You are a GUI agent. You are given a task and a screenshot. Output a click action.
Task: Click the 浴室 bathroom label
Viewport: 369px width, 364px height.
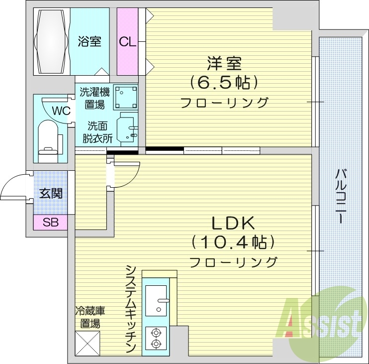click(90, 41)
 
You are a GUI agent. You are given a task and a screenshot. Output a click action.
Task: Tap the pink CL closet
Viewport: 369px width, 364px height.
click(127, 41)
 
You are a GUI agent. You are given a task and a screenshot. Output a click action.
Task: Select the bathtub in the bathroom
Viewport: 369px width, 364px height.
click(51, 40)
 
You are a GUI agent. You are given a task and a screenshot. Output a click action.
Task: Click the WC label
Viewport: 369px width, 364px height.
click(63, 110)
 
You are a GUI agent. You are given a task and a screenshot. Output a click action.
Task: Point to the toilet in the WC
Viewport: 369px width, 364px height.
click(49, 135)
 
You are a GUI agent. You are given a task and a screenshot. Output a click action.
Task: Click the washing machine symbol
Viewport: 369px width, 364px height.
click(126, 96)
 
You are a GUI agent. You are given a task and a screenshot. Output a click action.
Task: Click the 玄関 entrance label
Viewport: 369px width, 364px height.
click(51, 193)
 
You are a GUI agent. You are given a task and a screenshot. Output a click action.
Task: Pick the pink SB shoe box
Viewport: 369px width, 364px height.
click(50, 223)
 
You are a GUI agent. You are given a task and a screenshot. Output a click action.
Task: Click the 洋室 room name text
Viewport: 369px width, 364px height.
click(224, 64)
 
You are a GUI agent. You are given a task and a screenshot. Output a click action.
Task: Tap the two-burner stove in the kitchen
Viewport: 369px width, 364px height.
click(156, 338)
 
